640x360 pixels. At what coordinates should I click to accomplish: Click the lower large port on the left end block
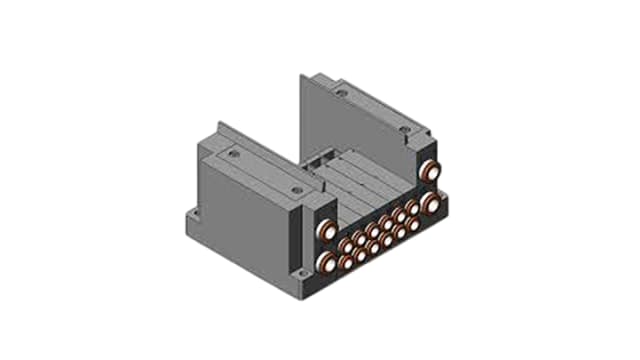point(328,262)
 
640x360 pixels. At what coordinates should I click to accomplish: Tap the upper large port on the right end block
point(432,170)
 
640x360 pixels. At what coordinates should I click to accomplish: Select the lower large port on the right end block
point(432,203)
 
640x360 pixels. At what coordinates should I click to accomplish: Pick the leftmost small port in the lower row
point(346,263)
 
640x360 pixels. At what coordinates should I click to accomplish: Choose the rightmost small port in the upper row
point(413,209)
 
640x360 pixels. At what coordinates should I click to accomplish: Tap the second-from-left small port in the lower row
point(360,256)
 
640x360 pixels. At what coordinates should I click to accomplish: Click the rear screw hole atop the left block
point(235,156)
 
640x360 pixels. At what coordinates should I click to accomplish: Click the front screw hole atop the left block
point(296,189)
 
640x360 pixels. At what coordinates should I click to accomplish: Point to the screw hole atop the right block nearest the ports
point(402,129)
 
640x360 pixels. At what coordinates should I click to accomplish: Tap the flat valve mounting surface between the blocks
point(360,190)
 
